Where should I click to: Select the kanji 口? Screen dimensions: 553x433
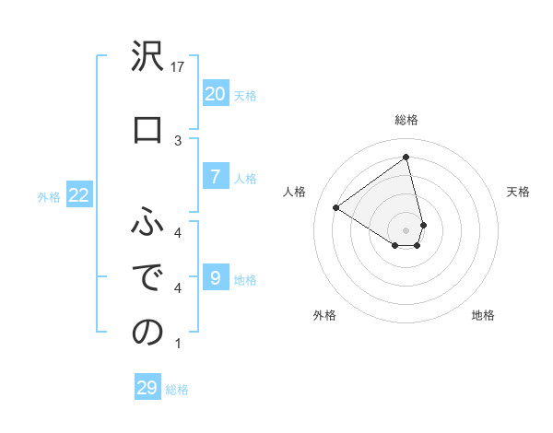click(147, 130)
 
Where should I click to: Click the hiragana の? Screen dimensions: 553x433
click(147, 333)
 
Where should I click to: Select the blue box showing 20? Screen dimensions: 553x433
click(215, 93)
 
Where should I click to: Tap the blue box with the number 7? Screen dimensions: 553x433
click(215, 178)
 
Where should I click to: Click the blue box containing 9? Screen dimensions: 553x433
click(215, 278)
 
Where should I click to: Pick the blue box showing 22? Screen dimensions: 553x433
click(78, 195)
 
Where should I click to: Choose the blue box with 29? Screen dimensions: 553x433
click(147, 388)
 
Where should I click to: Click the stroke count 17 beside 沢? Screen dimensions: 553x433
click(178, 67)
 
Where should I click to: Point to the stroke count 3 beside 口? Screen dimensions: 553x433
click(178, 140)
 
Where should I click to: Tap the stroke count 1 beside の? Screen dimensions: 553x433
click(178, 344)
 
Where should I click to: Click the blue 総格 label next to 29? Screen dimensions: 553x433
click(178, 390)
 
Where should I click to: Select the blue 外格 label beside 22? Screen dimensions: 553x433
click(49, 196)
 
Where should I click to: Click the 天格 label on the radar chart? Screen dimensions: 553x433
click(518, 192)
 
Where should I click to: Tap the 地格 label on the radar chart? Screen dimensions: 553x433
click(483, 315)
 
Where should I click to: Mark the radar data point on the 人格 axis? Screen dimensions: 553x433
click(336, 208)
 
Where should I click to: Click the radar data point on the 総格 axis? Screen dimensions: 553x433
click(406, 158)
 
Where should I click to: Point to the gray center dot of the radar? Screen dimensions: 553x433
click(406, 229)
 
